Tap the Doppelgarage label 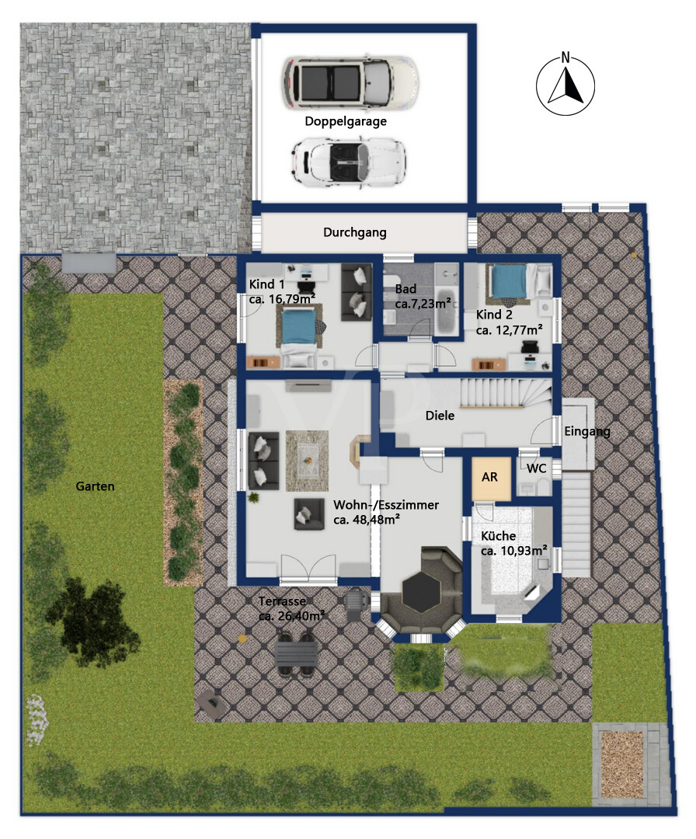coord(346,121)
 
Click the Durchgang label coord(355,232)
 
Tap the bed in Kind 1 coord(298,336)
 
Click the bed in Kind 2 coord(512,282)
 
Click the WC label coord(537,468)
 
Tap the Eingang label coord(587,431)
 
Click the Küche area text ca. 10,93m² coord(513,550)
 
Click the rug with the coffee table coord(307,461)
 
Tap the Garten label coord(96,486)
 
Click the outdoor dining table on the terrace coord(295,655)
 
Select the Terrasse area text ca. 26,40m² coord(291,616)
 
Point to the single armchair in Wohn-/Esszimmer coord(308,514)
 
